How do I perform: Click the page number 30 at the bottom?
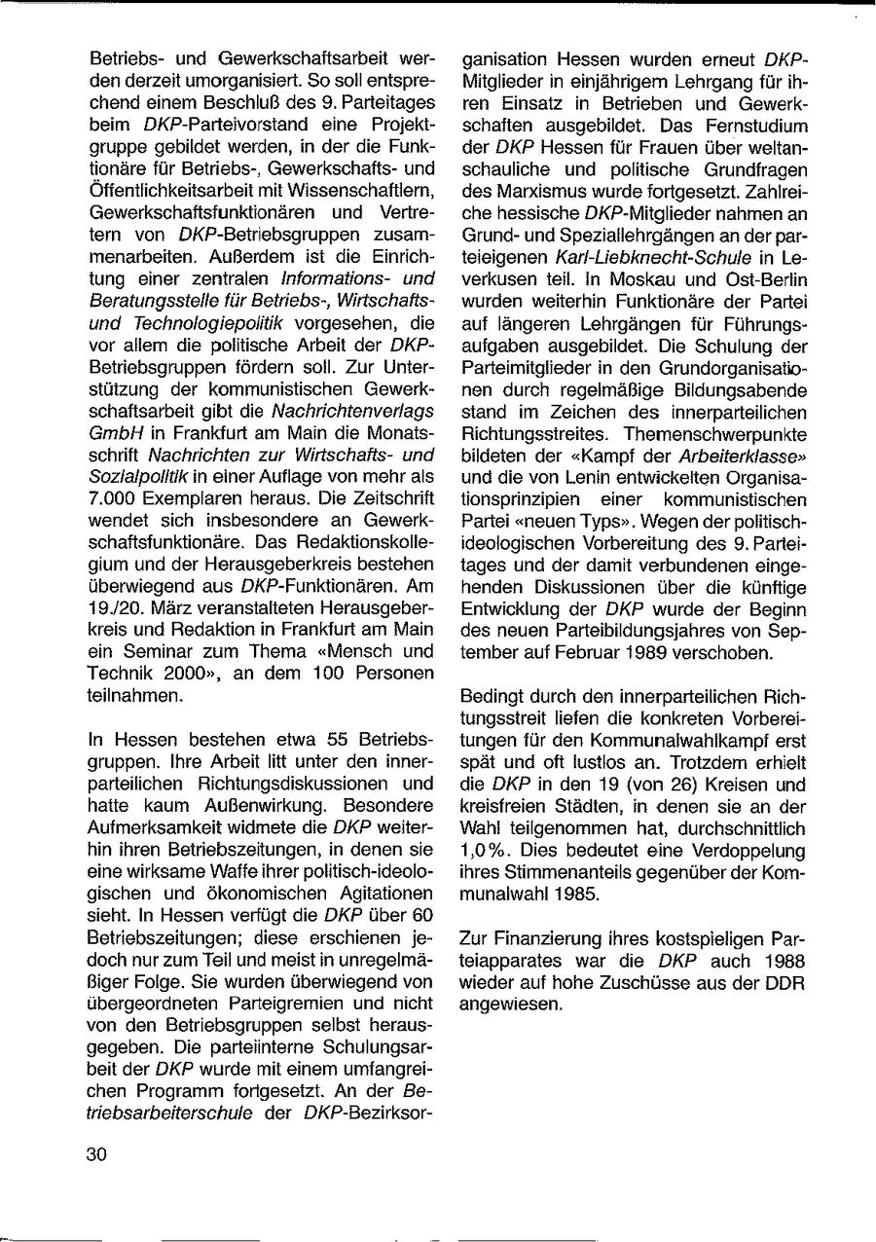[x=97, y=1155]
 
